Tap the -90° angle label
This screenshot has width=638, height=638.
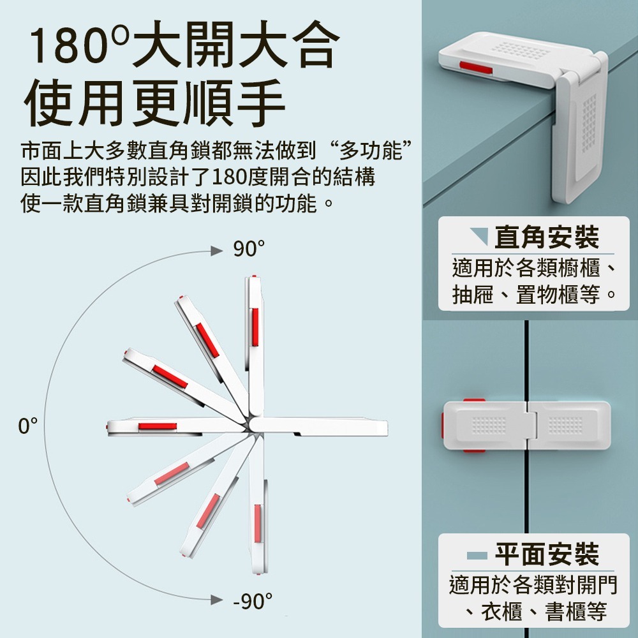(x=252, y=601)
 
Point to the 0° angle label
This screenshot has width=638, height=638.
(x=27, y=426)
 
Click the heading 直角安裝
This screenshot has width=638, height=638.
(x=547, y=237)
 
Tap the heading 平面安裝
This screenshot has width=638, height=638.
(x=547, y=554)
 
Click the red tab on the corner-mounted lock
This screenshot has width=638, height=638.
(x=475, y=68)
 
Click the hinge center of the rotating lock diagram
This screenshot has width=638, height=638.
(x=250, y=425)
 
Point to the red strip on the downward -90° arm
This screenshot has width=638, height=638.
(x=258, y=523)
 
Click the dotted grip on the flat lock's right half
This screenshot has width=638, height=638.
(x=565, y=425)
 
